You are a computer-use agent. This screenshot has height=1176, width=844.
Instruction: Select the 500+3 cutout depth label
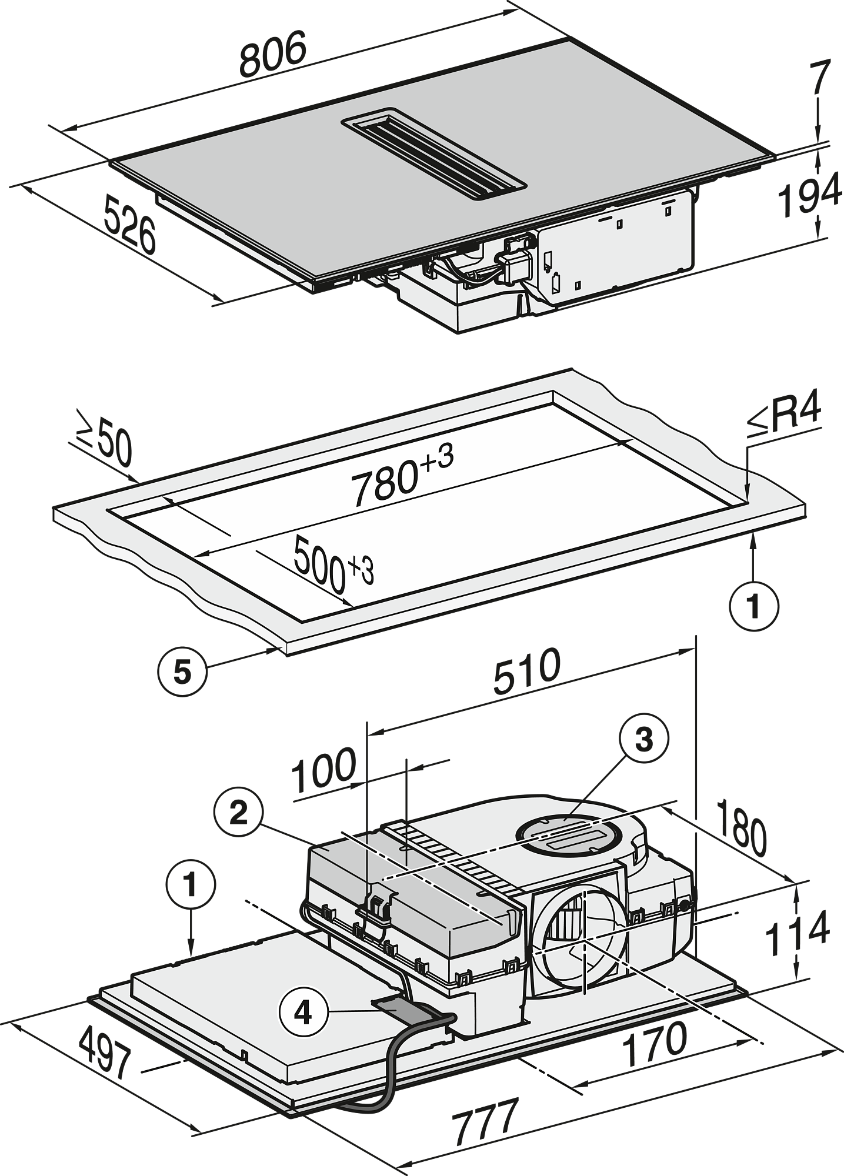coord(334,564)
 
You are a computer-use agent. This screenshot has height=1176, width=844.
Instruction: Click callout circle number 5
coord(183,671)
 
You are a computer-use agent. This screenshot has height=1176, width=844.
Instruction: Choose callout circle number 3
coord(645,739)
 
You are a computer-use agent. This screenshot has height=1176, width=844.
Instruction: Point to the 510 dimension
coord(527,672)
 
